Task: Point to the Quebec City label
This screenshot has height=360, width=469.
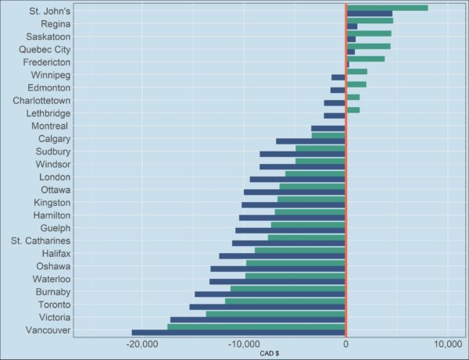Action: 45,49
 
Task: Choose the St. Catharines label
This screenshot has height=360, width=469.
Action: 42,241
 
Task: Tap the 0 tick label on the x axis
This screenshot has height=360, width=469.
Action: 345,344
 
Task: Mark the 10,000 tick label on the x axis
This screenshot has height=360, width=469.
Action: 447,344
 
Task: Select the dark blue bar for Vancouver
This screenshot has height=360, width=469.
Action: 238,333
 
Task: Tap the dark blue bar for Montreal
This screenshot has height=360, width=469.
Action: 328,128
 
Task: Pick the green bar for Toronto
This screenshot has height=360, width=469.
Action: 285,301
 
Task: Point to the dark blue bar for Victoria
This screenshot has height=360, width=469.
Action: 258,320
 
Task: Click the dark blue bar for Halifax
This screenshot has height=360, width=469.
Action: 282,256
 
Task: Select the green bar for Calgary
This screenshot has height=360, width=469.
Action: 328,135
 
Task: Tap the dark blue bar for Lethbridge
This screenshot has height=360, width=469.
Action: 335,116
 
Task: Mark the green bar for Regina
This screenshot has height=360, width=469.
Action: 370,20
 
